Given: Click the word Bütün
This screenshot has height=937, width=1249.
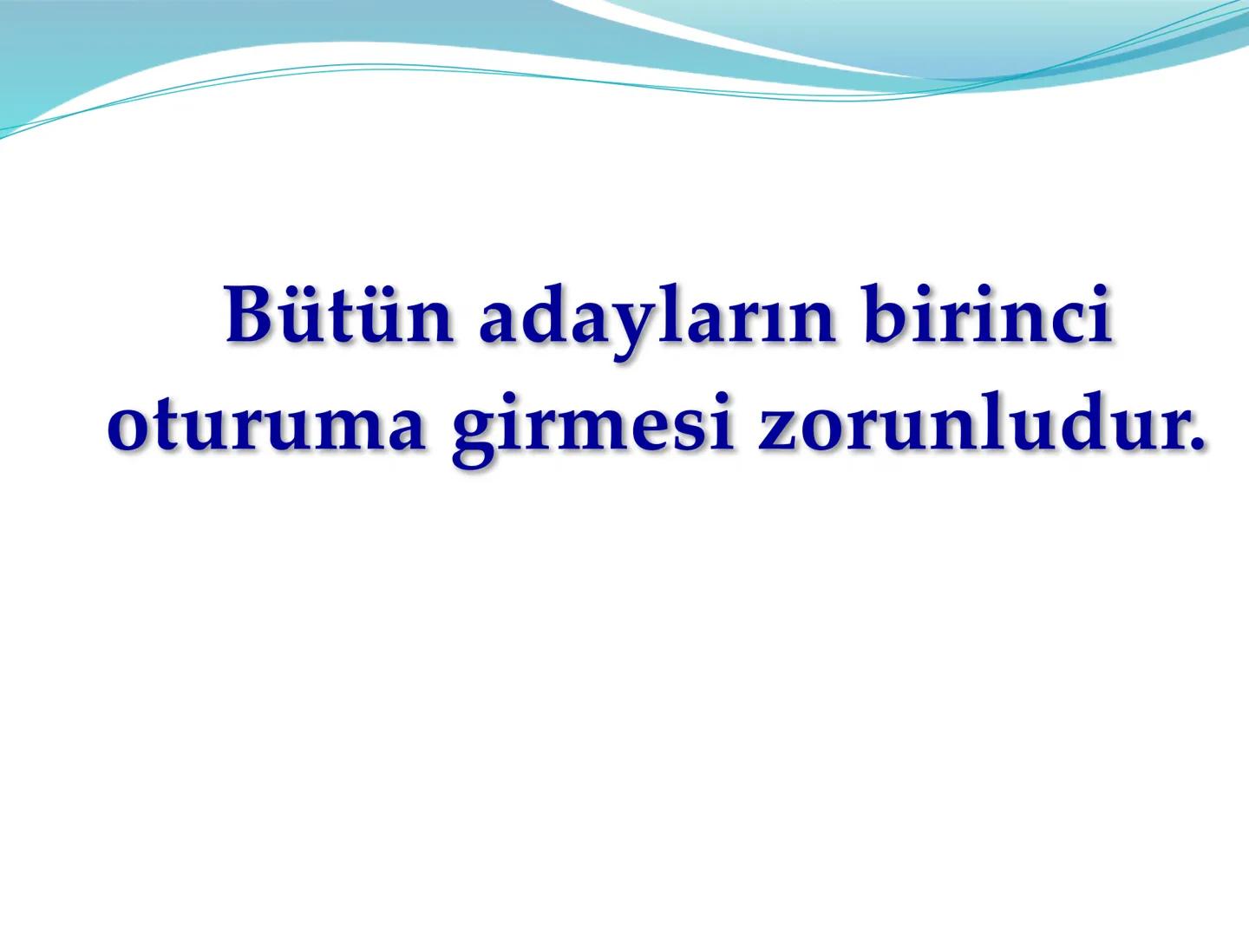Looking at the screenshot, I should tap(338, 317).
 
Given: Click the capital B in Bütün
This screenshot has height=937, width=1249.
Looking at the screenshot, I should tap(252, 315).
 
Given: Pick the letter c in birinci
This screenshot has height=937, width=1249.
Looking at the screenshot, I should tap(1072, 323).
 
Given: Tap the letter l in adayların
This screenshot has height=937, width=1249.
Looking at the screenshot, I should tap(664, 314).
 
